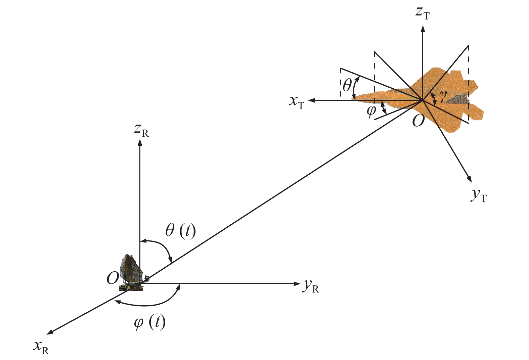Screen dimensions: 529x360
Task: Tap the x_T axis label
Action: pyautogui.click(x=297, y=103)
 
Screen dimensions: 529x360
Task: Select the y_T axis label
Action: pyautogui.click(x=479, y=196)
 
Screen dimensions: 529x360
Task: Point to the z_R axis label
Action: pyautogui.click(x=141, y=131)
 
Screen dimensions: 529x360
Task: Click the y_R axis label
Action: pyautogui.click(x=311, y=286)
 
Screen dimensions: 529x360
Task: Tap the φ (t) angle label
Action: pyautogui.click(x=150, y=322)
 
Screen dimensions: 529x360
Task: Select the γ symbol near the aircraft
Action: pyautogui.click(x=443, y=97)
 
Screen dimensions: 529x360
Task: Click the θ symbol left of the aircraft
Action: pyautogui.click(x=347, y=85)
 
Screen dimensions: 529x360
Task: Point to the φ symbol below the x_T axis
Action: pyautogui.click(x=371, y=111)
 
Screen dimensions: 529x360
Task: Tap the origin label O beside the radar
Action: pyautogui.click(x=113, y=278)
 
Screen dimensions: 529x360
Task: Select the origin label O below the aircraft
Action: pyautogui.click(x=418, y=121)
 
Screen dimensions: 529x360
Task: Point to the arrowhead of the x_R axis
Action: pyautogui.click(x=50, y=333)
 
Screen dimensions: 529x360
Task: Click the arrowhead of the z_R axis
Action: pyautogui.click(x=140, y=142)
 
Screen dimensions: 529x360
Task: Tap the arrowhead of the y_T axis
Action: pyautogui.click(x=470, y=179)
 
